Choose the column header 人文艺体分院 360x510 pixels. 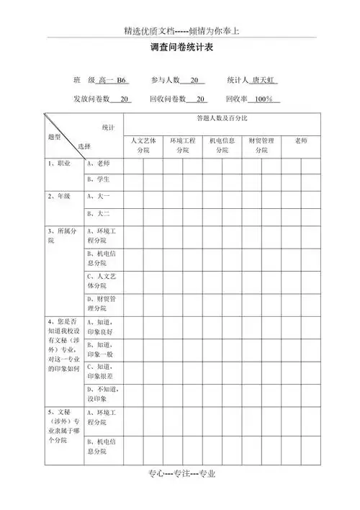coord(143,145)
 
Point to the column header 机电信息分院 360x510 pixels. coord(222,145)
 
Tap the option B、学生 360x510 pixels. coord(98,179)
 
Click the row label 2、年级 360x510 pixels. coord(60,196)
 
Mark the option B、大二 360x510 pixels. coord(98,213)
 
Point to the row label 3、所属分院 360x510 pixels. coord(60,236)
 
